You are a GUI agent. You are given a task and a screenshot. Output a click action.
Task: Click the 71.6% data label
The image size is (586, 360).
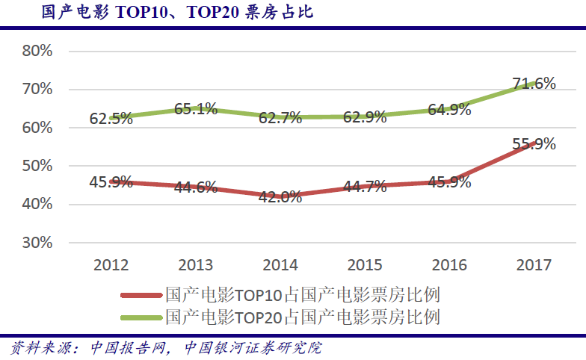[534, 84]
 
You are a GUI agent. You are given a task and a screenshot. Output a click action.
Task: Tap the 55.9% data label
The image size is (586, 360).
[534, 144]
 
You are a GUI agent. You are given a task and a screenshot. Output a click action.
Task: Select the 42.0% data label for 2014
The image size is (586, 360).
[280, 197]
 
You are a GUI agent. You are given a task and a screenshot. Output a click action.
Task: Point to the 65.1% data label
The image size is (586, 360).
[196, 109]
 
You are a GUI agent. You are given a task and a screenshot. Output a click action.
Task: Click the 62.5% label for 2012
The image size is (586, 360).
[111, 118]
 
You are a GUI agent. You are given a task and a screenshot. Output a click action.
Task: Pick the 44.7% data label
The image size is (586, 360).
[365, 187]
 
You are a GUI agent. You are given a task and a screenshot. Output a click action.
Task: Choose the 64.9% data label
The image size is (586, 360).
[449, 110]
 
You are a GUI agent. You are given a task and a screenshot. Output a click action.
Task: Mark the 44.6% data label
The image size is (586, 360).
[196, 187]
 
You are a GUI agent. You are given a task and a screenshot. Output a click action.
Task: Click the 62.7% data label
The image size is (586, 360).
[280, 117]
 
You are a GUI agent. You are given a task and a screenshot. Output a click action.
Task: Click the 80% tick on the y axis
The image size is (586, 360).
[37, 52]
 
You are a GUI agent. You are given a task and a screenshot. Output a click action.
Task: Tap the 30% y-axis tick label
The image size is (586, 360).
[37, 243]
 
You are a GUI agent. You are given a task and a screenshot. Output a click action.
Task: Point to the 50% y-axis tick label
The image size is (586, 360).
[37, 166]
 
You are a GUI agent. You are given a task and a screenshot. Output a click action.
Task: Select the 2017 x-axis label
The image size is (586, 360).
[534, 265]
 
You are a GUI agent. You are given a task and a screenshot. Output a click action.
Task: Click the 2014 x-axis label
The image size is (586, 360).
[280, 265]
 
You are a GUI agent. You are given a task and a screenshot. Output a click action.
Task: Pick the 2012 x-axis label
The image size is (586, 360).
[111, 265]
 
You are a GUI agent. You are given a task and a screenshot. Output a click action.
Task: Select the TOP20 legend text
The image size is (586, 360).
[303, 317]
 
